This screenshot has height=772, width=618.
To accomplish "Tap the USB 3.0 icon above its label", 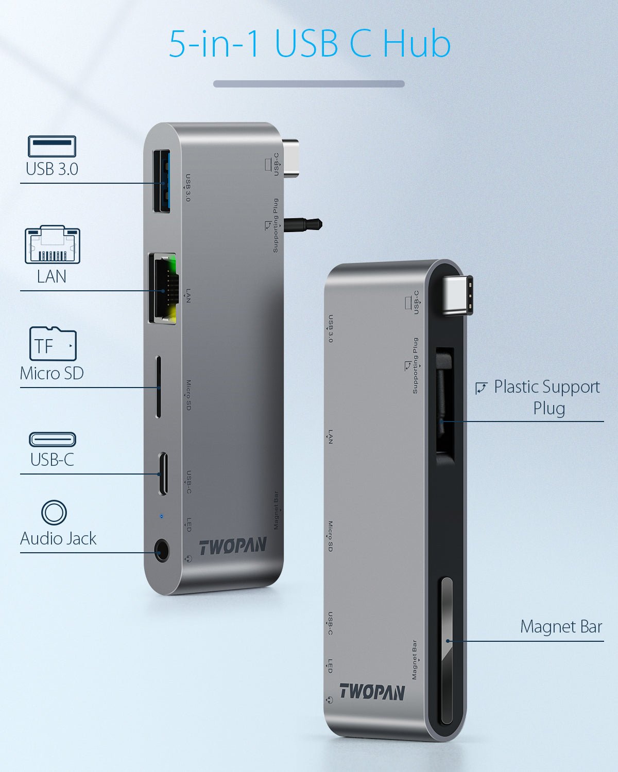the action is [x=52, y=146].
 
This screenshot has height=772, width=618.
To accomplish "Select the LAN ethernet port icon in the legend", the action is [x=53, y=244].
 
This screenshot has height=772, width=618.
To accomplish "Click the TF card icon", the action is [x=53, y=344].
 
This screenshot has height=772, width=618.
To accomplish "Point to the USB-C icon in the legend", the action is [x=53, y=440].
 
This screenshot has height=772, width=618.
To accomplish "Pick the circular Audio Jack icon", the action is [x=54, y=512].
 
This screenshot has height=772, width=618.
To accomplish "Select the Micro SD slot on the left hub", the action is [x=158, y=387].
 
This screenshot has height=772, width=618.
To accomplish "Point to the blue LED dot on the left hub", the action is [x=162, y=516].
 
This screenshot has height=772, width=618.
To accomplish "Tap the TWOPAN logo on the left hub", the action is [x=233, y=547].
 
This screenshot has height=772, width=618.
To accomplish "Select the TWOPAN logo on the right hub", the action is [x=372, y=692].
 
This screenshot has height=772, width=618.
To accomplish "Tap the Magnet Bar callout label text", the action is [x=561, y=627].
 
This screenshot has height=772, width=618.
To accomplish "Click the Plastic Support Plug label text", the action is [x=546, y=397].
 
